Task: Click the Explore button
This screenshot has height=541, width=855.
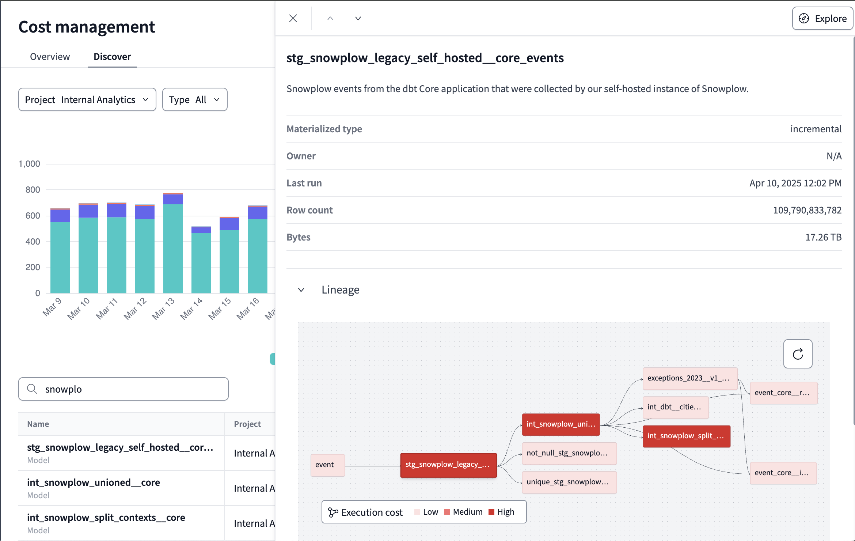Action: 822,18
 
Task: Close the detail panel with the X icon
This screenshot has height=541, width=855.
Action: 293,18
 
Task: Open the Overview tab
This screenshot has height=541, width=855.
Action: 50,57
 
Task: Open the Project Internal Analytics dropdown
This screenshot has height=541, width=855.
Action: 87,99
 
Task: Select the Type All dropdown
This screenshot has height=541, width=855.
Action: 194,99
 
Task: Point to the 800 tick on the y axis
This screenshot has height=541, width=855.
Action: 33,190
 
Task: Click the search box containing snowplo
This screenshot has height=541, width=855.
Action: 123,389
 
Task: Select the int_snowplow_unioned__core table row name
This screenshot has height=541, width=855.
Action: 94,483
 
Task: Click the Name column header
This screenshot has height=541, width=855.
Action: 38,424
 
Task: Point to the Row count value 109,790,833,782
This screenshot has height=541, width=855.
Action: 807,210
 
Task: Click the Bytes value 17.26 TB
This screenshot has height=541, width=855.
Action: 823,237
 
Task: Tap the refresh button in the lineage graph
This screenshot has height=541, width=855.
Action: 798,354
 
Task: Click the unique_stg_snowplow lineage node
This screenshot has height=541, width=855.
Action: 569,482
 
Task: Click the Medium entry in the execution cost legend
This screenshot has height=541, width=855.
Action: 463,512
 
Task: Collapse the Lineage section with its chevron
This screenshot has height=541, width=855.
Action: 301,290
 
